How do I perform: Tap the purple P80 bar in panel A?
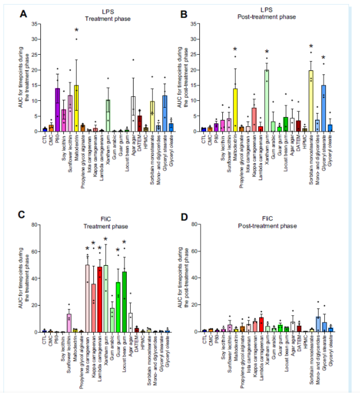tap(58, 110)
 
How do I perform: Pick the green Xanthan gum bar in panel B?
tap(267, 100)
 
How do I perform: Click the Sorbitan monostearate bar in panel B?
tap(311, 101)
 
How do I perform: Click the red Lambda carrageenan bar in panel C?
tap(100, 300)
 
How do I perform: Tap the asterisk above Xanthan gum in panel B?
tap(267, 52)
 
